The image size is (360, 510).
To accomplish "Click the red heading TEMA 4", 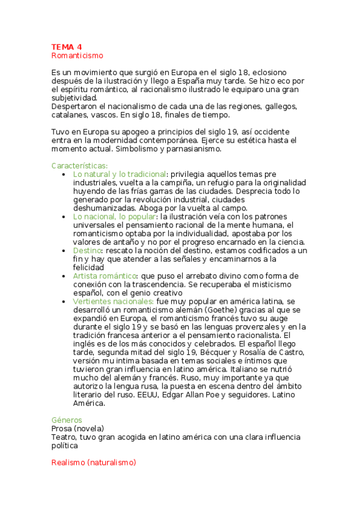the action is pos(67,47).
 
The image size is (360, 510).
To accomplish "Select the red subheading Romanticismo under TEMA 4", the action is pos(78,55).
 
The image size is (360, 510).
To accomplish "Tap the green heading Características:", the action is pos(80,165).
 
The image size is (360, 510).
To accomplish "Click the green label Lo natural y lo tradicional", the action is pos(119,174).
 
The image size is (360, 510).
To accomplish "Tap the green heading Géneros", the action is pos(67,420).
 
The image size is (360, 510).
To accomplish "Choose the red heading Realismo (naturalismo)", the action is pos(94,462).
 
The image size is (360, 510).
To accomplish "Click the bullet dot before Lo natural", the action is pos(64,174).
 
